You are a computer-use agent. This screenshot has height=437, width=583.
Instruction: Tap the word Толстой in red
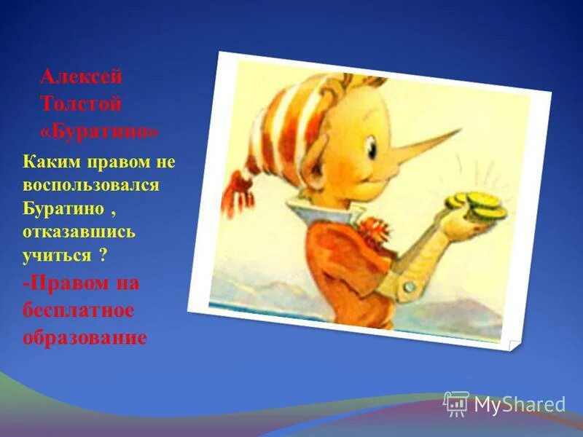[81, 104]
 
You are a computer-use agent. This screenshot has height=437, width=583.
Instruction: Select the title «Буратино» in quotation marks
[98, 131]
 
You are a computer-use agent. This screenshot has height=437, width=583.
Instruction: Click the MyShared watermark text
[520, 403]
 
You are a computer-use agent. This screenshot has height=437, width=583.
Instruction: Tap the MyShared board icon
[456, 403]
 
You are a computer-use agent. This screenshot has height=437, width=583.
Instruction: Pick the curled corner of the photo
[515, 342]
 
